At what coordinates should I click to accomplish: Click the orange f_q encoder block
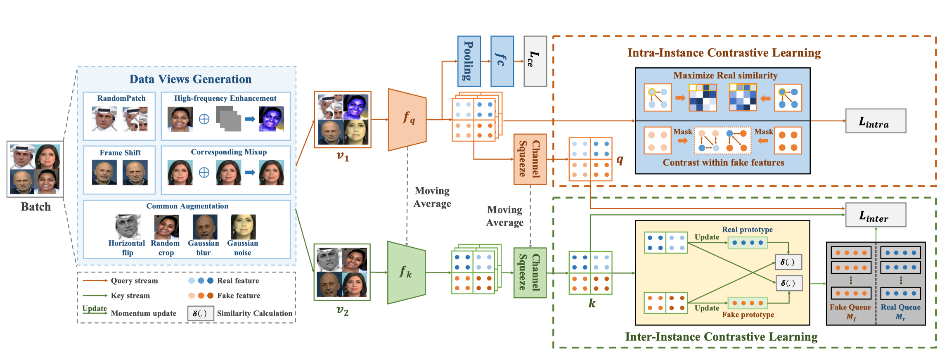(x=407, y=119)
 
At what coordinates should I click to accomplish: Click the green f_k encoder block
(x=406, y=272)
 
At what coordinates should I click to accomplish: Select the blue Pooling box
(x=469, y=61)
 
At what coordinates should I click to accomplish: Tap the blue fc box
(x=502, y=61)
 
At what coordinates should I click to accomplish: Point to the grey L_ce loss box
(x=535, y=61)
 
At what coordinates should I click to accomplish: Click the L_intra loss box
(x=876, y=121)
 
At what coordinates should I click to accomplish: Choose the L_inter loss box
(x=876, y=215)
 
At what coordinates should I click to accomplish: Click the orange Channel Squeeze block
(x=530, y=159)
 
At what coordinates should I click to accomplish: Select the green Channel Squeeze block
(x=530, y=273)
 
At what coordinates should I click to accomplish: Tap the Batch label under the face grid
(x=36, y=207)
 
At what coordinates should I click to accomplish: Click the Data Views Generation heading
(x=190, y=79)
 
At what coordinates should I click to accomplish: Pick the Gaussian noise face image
(x=243, y=227)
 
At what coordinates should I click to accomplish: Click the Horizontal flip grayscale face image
(x=128, y=227)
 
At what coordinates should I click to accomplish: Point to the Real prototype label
(x=747, y=230)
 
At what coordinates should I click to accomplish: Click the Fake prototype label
(x=748, y=315)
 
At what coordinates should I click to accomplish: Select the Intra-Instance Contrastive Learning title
(x=724, y=53)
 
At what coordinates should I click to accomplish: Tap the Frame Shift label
(x=120, y=153)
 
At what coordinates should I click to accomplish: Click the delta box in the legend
(x=201, y=313)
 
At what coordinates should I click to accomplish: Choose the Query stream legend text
(x=134, y=281)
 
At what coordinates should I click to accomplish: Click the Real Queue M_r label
(x=900, y=312)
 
